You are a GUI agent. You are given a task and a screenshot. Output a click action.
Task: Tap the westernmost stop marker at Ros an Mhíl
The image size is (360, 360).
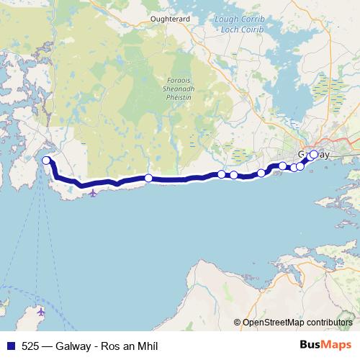tap(46, 161)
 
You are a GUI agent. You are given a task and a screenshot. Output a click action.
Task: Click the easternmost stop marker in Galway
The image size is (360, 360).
tap(314, 154)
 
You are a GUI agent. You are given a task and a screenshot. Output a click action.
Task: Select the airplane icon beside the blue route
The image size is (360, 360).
tap(93, 192)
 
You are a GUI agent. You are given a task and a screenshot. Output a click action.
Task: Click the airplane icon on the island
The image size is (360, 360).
tap(40, 312)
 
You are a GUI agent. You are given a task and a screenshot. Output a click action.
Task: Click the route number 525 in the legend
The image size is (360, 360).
tap(26, 346)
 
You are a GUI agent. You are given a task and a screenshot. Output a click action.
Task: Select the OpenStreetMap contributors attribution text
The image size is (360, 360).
tap(296, 322)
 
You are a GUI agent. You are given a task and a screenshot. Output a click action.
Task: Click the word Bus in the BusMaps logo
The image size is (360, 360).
tap(311, 345)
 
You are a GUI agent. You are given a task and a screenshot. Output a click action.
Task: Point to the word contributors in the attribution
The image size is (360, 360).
tap(330, 322)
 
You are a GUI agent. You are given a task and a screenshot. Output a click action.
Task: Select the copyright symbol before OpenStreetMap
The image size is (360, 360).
tap(237, 322)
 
